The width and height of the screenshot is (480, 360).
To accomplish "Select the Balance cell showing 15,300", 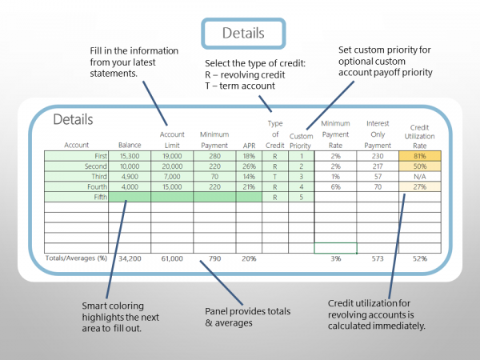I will [x=129, y=156].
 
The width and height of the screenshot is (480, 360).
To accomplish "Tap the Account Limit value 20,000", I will [x=172, y=166].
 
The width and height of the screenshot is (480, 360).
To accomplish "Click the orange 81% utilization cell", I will [x=418, y=156].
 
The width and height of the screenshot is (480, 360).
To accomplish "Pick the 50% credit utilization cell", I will [x=418, y=166].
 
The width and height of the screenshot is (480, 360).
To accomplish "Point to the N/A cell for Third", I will [x=418, y=176].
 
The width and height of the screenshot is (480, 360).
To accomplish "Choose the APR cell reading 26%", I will [x=249, y=166].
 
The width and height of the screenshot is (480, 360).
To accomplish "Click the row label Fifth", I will [x=88, y=196].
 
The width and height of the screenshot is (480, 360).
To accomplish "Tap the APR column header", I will [x=249, y=145].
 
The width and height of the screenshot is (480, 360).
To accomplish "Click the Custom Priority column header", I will [x=301, y=140].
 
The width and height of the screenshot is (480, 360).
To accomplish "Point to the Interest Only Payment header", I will [x=378, y=134].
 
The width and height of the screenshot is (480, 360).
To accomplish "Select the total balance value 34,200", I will [x=129, y=258].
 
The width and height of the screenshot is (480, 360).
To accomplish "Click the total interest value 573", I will [x=378, y=258].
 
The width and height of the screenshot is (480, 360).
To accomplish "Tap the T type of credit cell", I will [x=274, y=176].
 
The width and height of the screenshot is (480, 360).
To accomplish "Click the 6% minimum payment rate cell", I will [x=335, y=186].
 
